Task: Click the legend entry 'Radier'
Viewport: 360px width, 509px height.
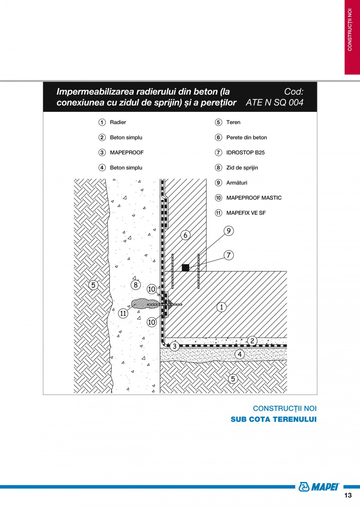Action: [x=118, y=122]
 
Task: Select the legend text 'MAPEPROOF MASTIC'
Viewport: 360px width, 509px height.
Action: [x=254, y=198]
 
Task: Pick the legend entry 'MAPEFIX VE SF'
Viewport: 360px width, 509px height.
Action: [x=246, y=213]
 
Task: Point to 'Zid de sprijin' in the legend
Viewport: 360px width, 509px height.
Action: [x=242, y=168]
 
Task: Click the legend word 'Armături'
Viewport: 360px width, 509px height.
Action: [x=237, y=183]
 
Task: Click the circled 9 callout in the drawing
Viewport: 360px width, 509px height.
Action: [x=229, y=231]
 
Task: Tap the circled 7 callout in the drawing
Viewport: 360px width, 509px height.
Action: [x=229, y=255]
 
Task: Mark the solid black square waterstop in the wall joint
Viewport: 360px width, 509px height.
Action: [x=185, y=268]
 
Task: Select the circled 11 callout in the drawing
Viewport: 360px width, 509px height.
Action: [x=123, y=313]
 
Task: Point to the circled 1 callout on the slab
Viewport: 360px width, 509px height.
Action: [x=221, y=307]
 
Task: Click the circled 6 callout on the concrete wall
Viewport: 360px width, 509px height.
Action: [x=185, y=235]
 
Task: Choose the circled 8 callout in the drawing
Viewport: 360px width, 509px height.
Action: [x=135, y=285]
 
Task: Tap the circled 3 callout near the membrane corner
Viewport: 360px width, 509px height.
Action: [x=175, y=346]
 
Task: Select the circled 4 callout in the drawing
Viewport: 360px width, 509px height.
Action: [x=239, y=354]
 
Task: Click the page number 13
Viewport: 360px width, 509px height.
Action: [x=348, y=495]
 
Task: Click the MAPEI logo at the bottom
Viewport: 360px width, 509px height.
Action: [x=319, y=487]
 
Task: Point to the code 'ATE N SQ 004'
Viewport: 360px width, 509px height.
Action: [x=275, y=103]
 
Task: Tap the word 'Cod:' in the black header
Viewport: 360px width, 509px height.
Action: [x=293, y=92]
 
